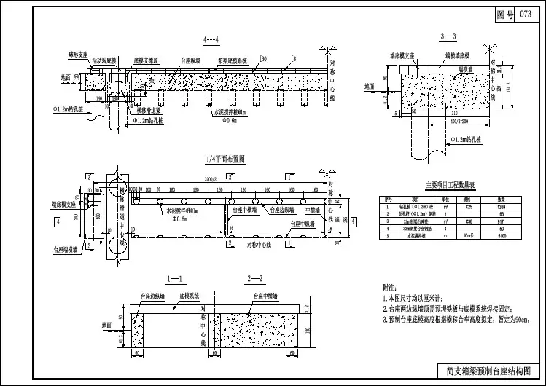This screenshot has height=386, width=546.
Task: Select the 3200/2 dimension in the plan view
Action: pos(211,177)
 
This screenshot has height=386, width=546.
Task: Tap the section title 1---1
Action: pos(177,279)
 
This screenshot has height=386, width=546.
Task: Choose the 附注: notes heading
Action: pos(391,288)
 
